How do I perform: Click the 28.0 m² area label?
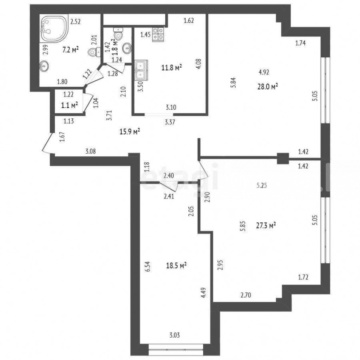tap(268, 87)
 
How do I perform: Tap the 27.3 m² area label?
tap(266, 226)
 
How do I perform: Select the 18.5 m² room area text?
tap(176, 266)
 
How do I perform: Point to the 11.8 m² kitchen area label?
tap(172, 68)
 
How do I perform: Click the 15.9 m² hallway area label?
tap(130, 132)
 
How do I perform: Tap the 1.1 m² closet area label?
tap(70, 105)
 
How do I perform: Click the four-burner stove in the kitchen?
tap(158, 34)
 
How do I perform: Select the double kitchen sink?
tap(141, 69)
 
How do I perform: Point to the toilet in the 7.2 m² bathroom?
tap(94, 52)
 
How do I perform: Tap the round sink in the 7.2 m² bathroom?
tap(44, 66)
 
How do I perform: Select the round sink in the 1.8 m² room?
tap(127, 48)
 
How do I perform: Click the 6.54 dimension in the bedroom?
tap(148, 267)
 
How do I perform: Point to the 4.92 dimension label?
tap(264, 72)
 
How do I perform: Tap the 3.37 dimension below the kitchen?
tap(170, 122)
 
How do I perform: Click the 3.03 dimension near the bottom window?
tap(174, 335)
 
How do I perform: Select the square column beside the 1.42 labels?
tap(283, 158)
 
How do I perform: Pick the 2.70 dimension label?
tap(246, 295)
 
